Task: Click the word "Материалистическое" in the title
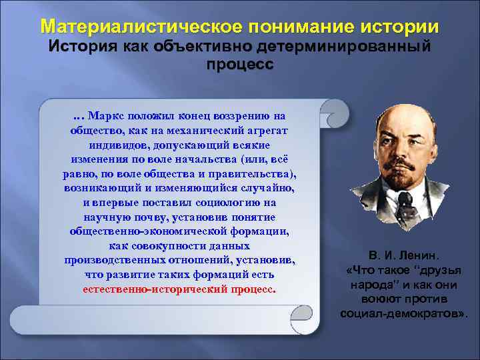coord(139,28)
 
